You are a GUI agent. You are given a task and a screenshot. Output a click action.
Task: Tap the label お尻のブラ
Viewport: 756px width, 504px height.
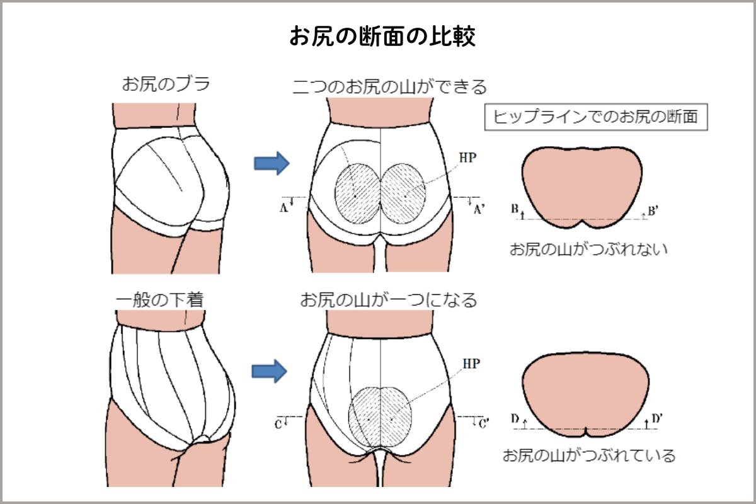click(165, 84)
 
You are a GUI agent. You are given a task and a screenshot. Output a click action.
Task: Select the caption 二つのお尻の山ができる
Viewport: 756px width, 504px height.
click(389, 86)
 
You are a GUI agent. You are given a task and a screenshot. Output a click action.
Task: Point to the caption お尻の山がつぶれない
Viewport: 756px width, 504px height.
click(588, 248)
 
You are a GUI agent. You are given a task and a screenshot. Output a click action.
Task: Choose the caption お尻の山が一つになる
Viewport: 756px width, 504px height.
click(388, 300)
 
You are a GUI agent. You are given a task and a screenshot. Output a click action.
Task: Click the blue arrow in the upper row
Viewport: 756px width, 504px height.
click(272, 163)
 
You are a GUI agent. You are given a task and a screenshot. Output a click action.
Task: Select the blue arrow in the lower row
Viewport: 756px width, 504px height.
click(270, 370)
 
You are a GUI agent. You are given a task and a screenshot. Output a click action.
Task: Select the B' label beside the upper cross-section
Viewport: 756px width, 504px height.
click(653, 211)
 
